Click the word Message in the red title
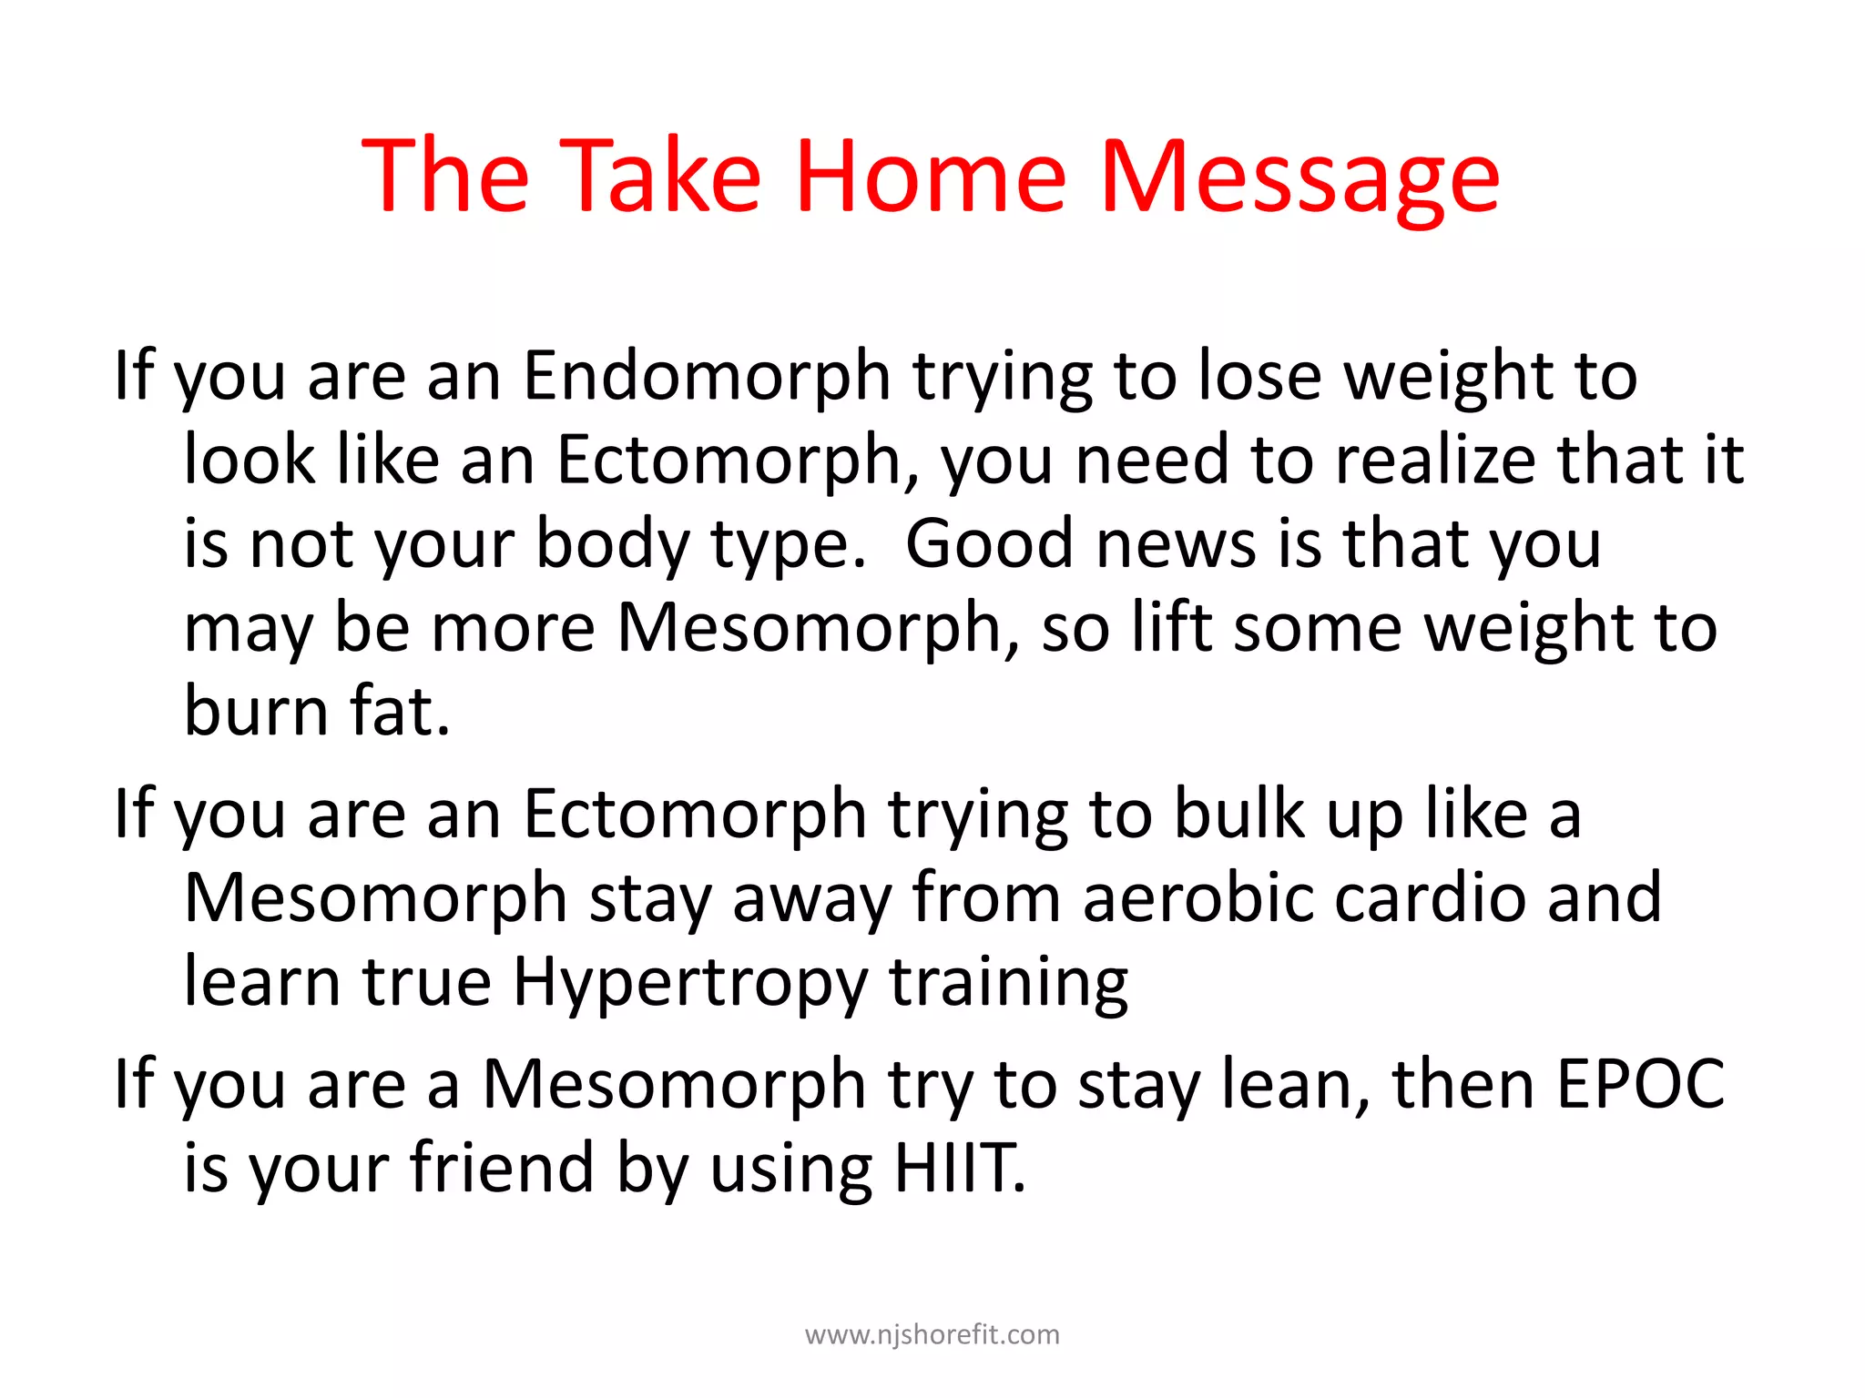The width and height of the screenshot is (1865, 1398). (1299, 177)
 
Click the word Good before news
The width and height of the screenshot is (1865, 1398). (990, 543)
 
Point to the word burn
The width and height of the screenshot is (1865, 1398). (256, 711)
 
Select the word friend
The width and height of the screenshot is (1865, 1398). (502, 1168)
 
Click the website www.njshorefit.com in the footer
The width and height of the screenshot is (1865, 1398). (932, 1334)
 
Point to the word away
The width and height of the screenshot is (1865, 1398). (811, 897)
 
